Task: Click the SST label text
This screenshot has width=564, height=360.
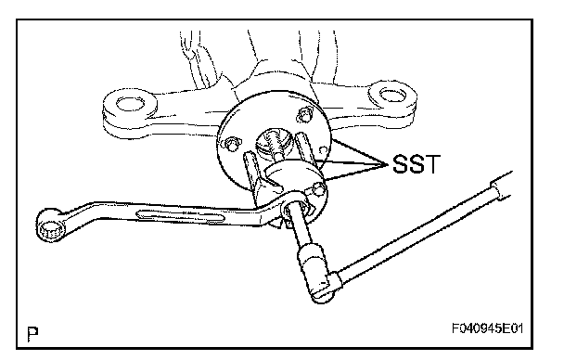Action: pyautogui.click(x=416, y=164)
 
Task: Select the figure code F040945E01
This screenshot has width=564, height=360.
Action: pyautogui.click(x=487, y=328)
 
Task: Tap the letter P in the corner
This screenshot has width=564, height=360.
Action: pyautogui.click(x=32, y=334)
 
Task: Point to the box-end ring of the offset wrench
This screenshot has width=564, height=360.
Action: pyautogui.click(x=51, y=225)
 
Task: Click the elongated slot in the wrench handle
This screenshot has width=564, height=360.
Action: pyautogui.click(x=180, y=216)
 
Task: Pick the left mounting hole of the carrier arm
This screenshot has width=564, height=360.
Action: pyautogui.click(x=130, y=104)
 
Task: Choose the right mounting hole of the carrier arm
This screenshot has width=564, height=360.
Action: pyautogui.click(x=392, y=96)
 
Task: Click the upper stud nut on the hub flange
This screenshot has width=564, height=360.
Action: pyautogui.click(x=305, y=114)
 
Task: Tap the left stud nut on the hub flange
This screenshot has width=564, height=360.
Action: pyautogui.click(x=232, y=144)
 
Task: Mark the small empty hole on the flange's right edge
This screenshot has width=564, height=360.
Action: pyautogui.click(x=324, y=149)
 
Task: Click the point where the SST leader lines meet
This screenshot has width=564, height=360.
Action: pyautogui.click(x=388, y=164)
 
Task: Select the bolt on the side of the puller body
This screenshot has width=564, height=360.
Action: pyautogui.click(x=317, y=188)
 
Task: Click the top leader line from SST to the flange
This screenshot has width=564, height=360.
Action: pyautogui.click(x=360, y=151)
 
